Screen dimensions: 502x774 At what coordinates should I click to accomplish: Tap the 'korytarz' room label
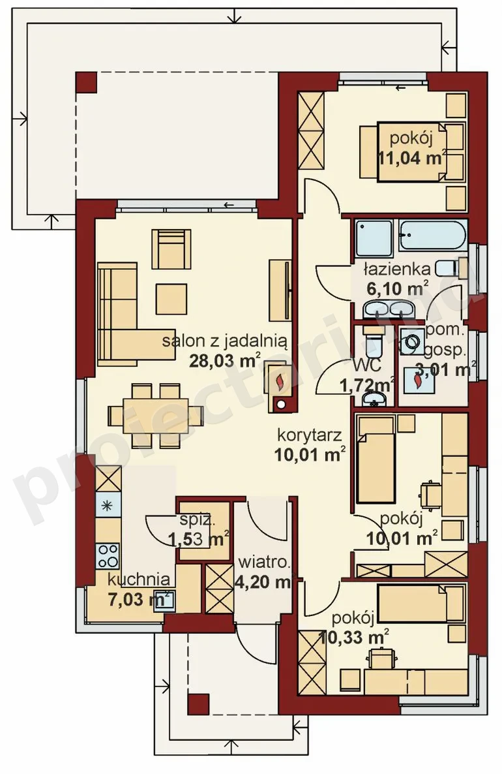(x=310, y=435)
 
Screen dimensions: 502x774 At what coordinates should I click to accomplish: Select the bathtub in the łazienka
(x=432, y=235)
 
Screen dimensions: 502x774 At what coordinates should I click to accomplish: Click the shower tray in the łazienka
(x=374, y=238)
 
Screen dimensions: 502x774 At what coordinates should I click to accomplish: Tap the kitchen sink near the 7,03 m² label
(x=163, y=601)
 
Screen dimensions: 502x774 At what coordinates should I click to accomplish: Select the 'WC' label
(x=367, y=365)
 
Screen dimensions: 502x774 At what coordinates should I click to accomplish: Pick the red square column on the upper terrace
(x=86, y=82)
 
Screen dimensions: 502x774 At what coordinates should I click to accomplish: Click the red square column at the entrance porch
(x=198, y=704)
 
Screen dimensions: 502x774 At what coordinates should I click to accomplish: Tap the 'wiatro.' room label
(x=264, y=563)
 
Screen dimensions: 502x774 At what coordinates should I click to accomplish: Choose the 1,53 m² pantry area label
(x=198, y=538)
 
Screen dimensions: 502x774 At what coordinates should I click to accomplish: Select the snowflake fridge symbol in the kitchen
(x=108, y=505)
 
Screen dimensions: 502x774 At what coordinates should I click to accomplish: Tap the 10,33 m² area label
(x=353, y=637)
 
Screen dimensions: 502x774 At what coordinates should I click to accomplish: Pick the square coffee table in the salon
(x=171, y=299)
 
